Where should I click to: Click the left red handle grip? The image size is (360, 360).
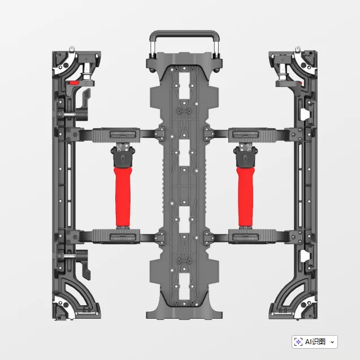click(x=123, y=197)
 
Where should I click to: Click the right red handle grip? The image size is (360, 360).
click(x=246, y=197)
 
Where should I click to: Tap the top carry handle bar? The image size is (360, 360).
click(x=185, y=33)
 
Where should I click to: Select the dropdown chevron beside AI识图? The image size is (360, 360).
click(x=332, y=342)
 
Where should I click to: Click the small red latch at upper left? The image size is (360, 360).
click(x=74, y=83)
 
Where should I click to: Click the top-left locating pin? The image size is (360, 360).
click(x=72, y=49)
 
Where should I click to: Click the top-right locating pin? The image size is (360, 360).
click(x=297, y=49)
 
